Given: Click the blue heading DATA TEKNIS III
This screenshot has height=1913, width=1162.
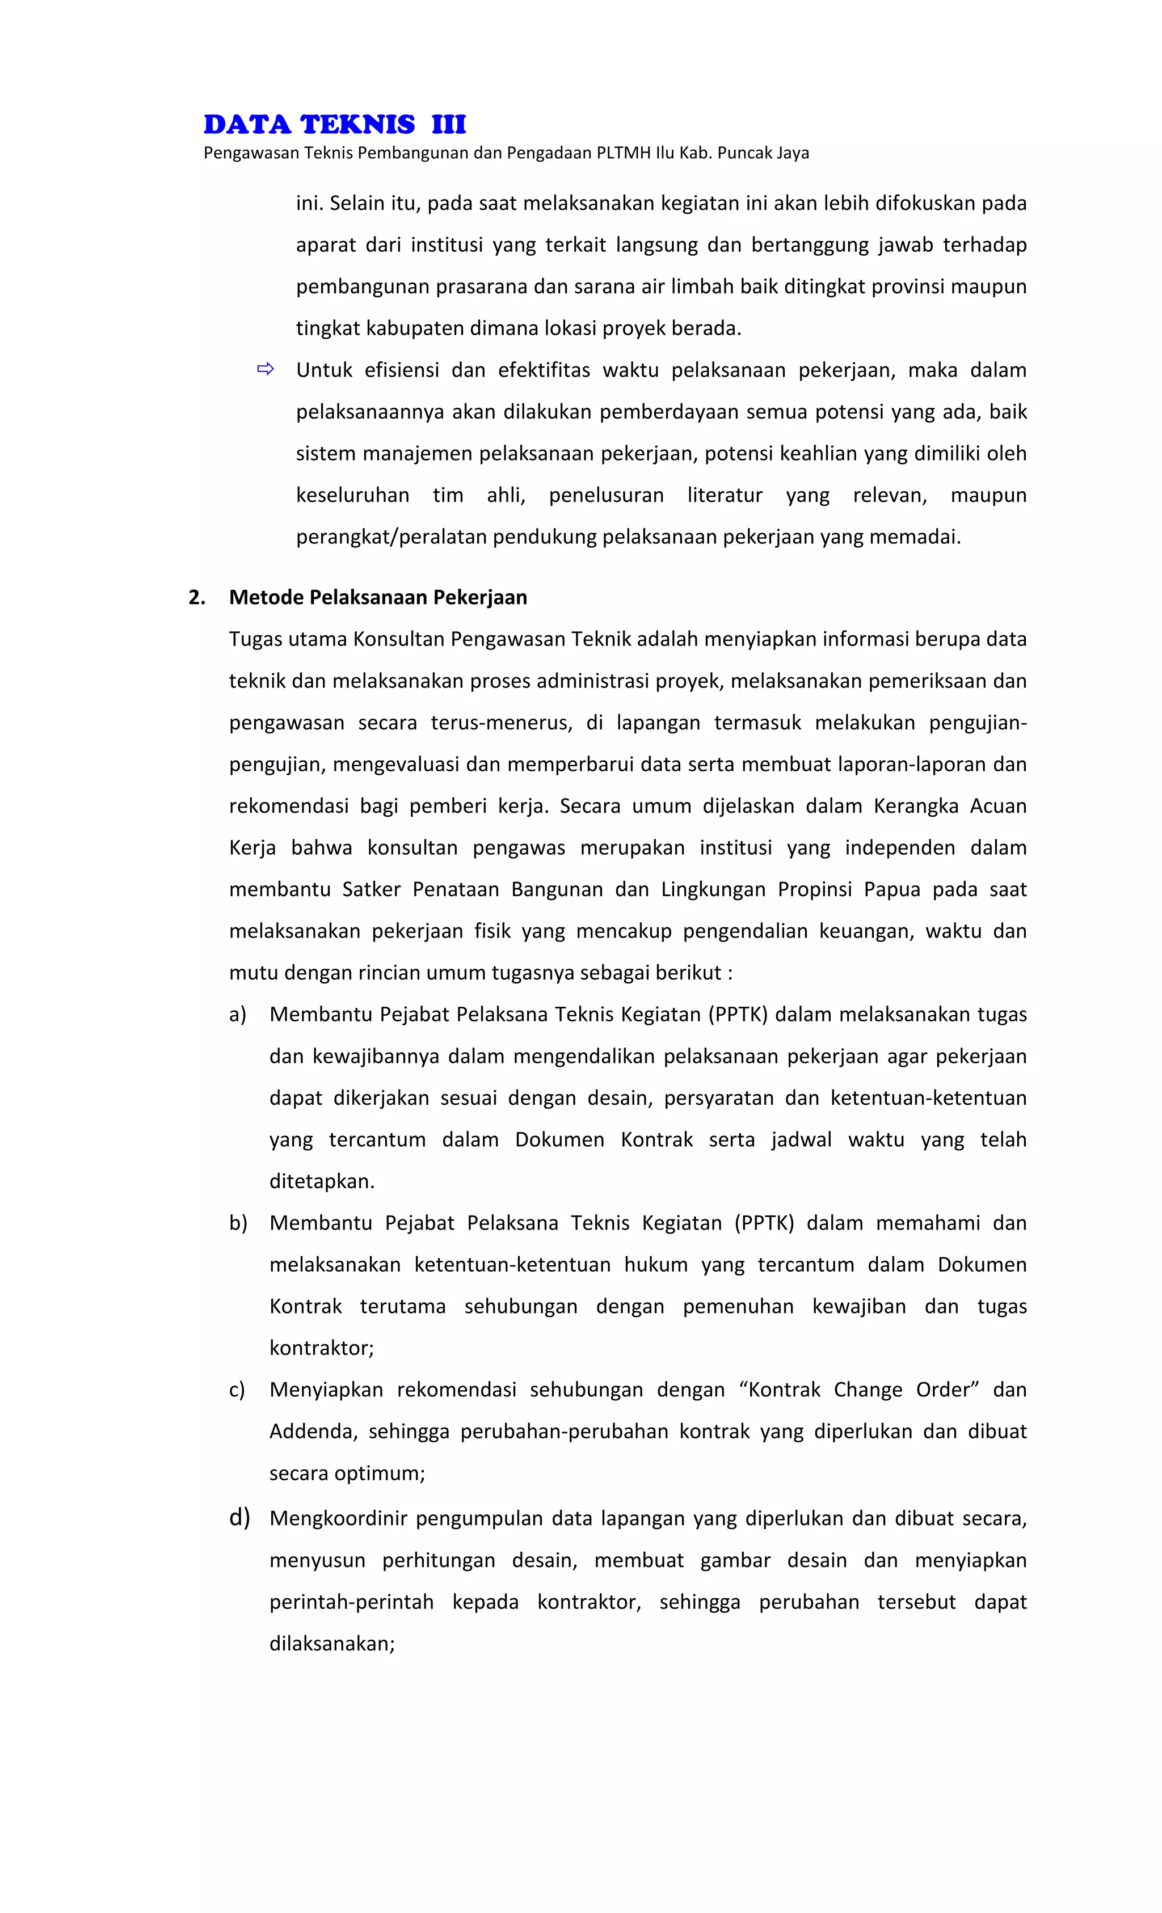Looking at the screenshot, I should coord(334,124).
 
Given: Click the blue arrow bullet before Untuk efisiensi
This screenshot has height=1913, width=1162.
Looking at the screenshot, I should coord(266,370).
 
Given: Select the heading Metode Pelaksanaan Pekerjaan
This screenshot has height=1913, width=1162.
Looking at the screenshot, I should coord(377,597).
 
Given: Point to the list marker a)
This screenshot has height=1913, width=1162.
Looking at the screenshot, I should coord(238,1014).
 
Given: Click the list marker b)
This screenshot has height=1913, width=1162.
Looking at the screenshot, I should coord(238,1223).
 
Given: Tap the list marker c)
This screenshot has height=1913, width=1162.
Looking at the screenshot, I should coord(237,1390).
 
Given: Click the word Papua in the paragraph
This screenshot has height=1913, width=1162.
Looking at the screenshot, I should coord(892,889).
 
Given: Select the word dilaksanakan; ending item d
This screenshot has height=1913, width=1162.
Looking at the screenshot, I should coord(332,1644).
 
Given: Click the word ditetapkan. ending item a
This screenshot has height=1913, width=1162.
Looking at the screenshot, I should coord(322,1181).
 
